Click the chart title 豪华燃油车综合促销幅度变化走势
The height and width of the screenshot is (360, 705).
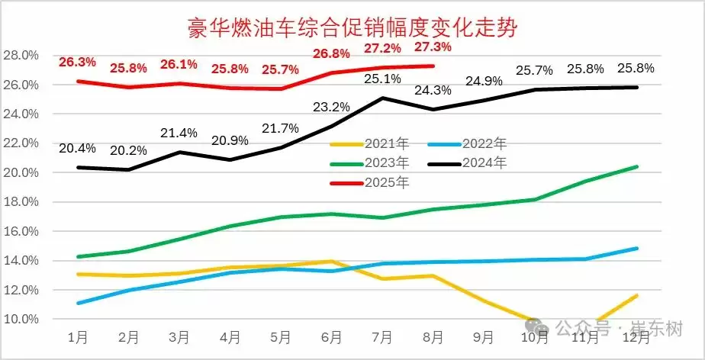click(353, 29)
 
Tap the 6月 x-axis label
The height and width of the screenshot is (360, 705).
click(332, 336)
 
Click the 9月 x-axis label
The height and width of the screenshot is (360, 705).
click(484, 336)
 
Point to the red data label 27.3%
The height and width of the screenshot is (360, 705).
click(433, 47)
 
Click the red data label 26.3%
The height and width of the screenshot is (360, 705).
click(77, 62)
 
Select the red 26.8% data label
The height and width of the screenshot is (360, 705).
click(331, 54)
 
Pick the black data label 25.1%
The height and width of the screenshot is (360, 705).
click(382, 79)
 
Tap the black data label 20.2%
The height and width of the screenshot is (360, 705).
click(127, 149)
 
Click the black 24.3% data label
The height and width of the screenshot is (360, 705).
click(433, 90)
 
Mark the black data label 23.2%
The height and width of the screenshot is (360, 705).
click(331, 106)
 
